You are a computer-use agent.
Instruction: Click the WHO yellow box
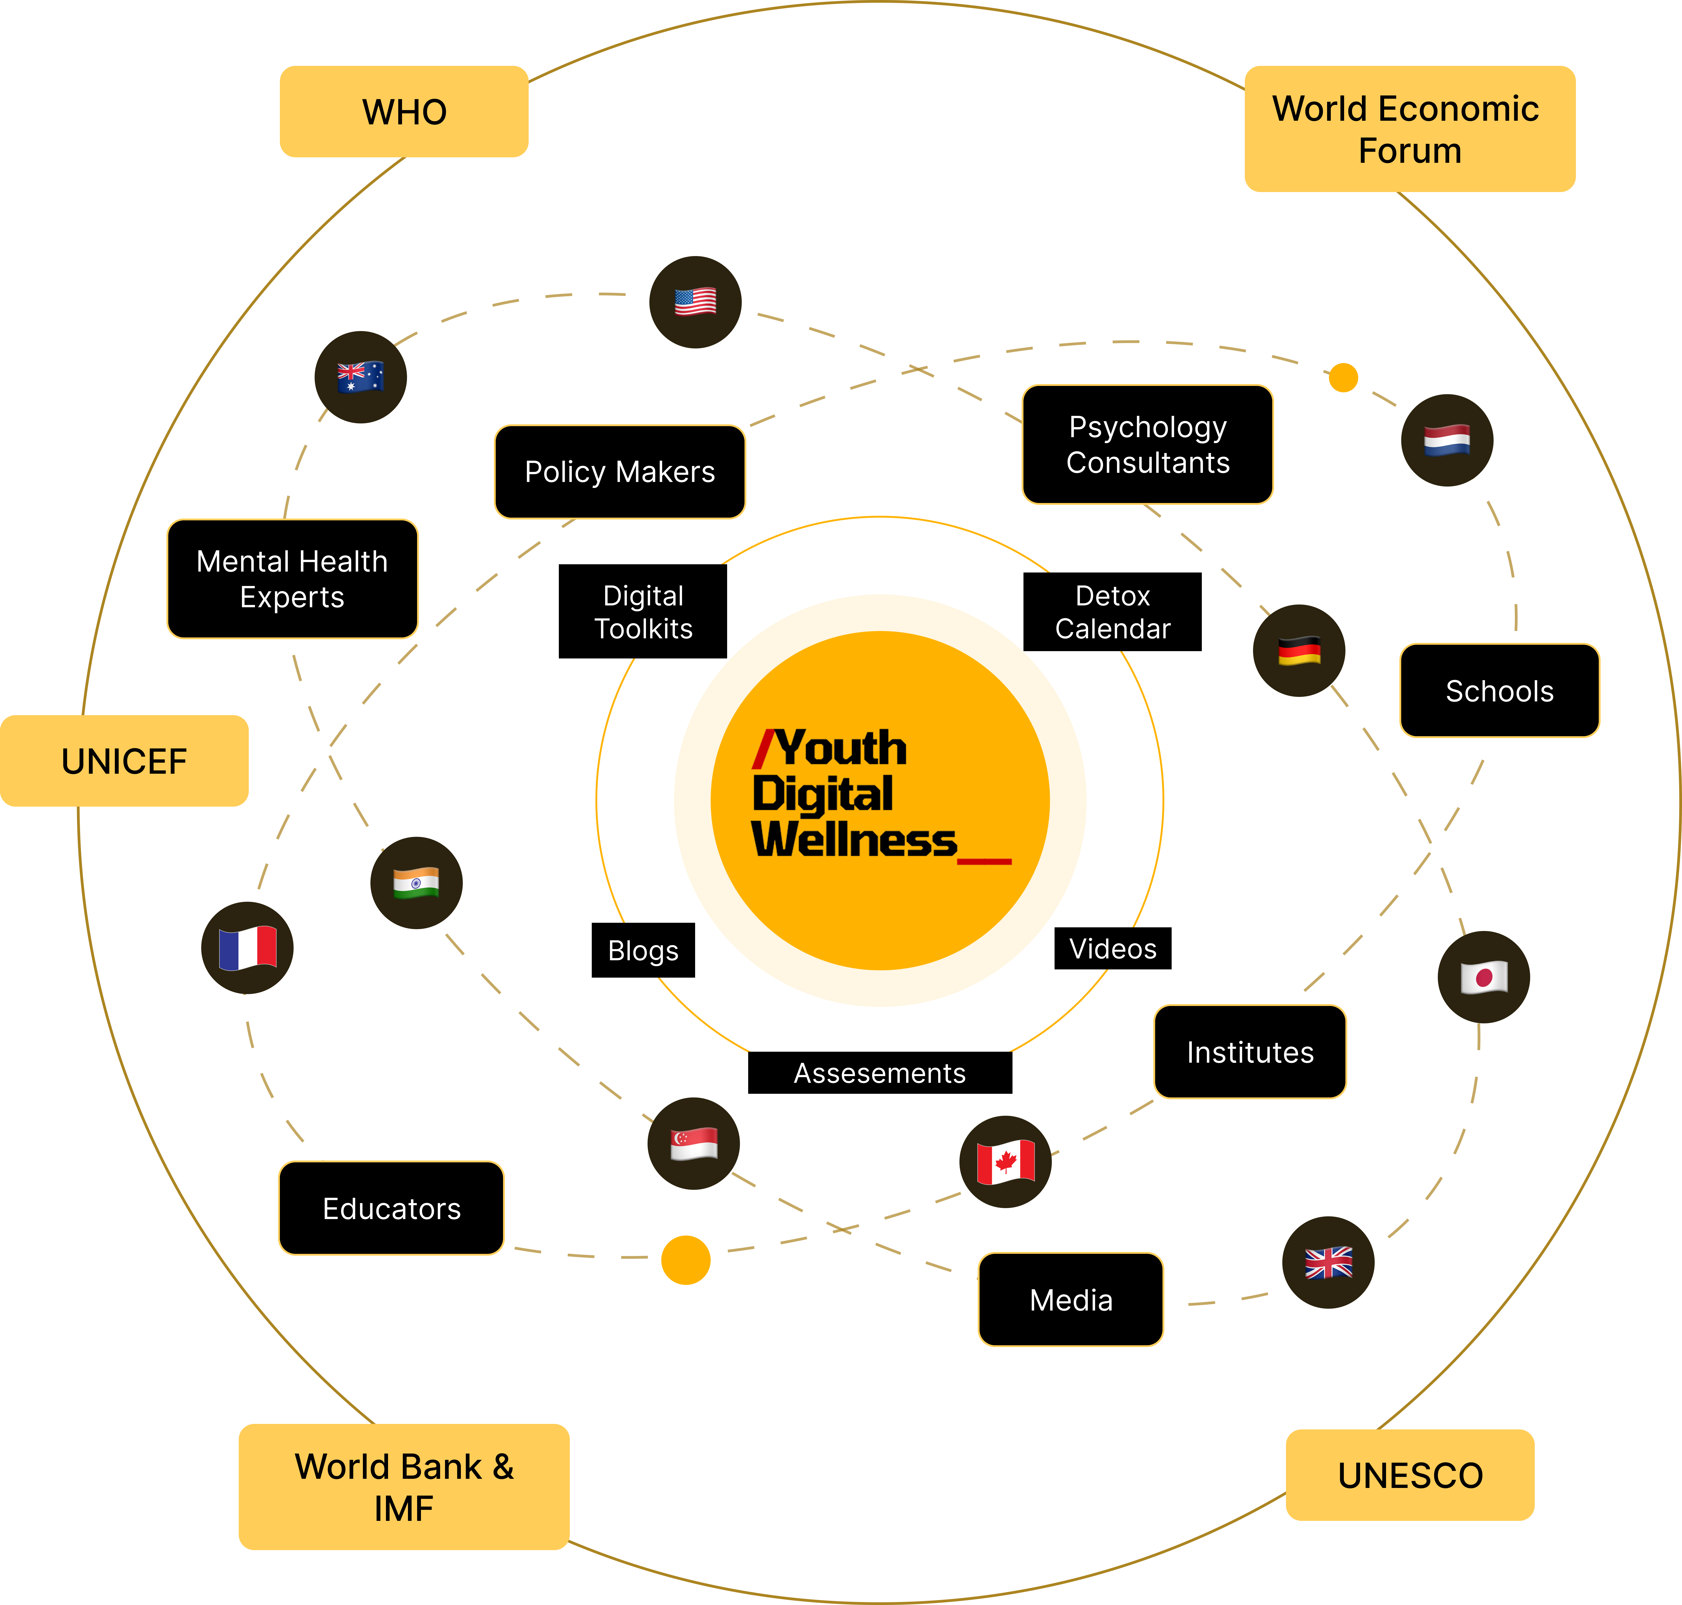[x=404, y=111]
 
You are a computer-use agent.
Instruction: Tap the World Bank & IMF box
[x=404, y=1487]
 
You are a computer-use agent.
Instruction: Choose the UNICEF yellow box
[x=124, y=761]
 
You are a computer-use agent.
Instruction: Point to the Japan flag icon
[x=1484, y=977]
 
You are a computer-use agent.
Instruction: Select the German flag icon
[x=1299, y=651]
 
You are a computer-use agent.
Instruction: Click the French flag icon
[x=247, y=948]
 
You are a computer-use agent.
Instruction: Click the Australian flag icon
[x=360, y=377]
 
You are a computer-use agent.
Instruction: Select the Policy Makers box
[x=619, y=471]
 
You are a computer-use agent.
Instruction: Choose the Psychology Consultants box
[x=1147, y=444]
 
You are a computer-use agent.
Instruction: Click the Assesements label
[x=879, y=1073]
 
